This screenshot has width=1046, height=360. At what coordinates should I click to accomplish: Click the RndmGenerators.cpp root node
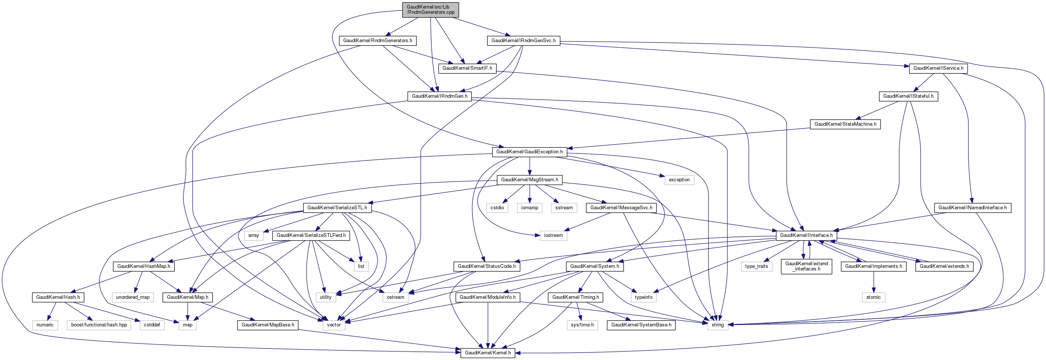tap(431, 10)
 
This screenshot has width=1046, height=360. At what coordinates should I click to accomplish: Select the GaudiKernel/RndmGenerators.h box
tap(377, 41)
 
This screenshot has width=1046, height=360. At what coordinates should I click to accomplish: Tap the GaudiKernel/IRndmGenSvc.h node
tap(523, 41)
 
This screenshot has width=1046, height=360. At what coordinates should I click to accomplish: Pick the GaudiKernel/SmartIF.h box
tap(467, 68)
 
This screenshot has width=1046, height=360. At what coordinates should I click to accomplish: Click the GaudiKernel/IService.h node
tap(938, 68)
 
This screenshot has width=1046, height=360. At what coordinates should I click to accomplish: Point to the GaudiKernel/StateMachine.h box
tap(845, 124)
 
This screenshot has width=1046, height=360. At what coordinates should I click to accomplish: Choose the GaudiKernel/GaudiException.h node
tap(529, 152)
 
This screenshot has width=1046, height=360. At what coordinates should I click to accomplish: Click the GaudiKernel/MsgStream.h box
tap(529, 180)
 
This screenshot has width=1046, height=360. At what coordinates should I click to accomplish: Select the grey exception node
tap(679, 180)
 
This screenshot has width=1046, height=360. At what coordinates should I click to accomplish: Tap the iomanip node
tap(530, 208)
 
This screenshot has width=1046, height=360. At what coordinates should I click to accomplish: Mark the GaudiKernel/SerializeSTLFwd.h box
tap(311, 235)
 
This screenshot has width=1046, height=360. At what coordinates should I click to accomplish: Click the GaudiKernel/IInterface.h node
tap(806, 235)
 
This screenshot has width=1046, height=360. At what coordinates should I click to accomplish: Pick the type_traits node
tap(757, 266)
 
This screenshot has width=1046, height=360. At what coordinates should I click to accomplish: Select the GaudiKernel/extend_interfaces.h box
tap(806, 266)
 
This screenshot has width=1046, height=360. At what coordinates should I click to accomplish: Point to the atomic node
tap(873, 297)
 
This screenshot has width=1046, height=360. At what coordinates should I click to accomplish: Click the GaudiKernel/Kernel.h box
tap(487, 353)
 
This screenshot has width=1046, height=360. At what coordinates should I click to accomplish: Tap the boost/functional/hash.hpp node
tap(99, 325)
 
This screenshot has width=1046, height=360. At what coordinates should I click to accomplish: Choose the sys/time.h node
tap(582, 325)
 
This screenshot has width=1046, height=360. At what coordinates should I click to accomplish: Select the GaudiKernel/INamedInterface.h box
tap(972, 208)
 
